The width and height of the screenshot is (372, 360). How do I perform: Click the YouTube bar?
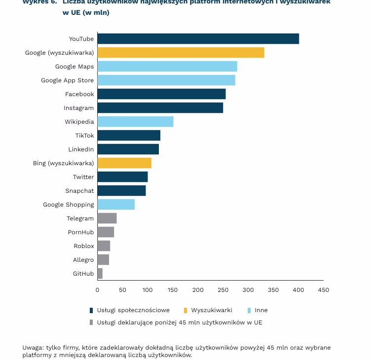(x=198, y=39)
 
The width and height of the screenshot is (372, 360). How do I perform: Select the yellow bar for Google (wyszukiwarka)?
(x=181, y=53)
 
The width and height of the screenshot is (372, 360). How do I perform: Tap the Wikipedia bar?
(x=135, y=122)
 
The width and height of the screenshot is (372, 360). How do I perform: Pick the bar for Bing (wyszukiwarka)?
(x=124, y=163)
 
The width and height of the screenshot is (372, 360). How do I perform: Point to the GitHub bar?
(x=100, y=274)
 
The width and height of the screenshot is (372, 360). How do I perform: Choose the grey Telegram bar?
(x=107, y=218)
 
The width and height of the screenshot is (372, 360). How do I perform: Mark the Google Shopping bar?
(x=116, y=205)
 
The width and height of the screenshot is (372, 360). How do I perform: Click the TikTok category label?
(x=84, y=136)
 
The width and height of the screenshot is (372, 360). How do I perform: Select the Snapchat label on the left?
(x=79, y=191)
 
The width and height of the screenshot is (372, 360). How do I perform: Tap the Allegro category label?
(x=83, y=260)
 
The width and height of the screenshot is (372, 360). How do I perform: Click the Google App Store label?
(x=67, y=80)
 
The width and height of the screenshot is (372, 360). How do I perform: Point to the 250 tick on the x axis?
(x=223, y=290)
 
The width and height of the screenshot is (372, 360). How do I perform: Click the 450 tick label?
(x=323, y=290)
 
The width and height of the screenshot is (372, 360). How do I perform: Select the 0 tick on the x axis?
(x=98, y=290)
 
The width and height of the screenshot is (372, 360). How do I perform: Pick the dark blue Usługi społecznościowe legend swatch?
(x=91, y=310)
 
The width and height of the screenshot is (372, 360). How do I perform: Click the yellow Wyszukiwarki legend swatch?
(x=186, y=310)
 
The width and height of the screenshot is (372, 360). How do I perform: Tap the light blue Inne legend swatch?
(x=249, y=310)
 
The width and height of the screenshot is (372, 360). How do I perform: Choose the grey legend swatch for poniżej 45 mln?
(x=91, y=323)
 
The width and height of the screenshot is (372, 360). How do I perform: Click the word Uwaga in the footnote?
(x=33, y=348)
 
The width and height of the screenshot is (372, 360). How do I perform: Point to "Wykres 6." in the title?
(x=39, y=2)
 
